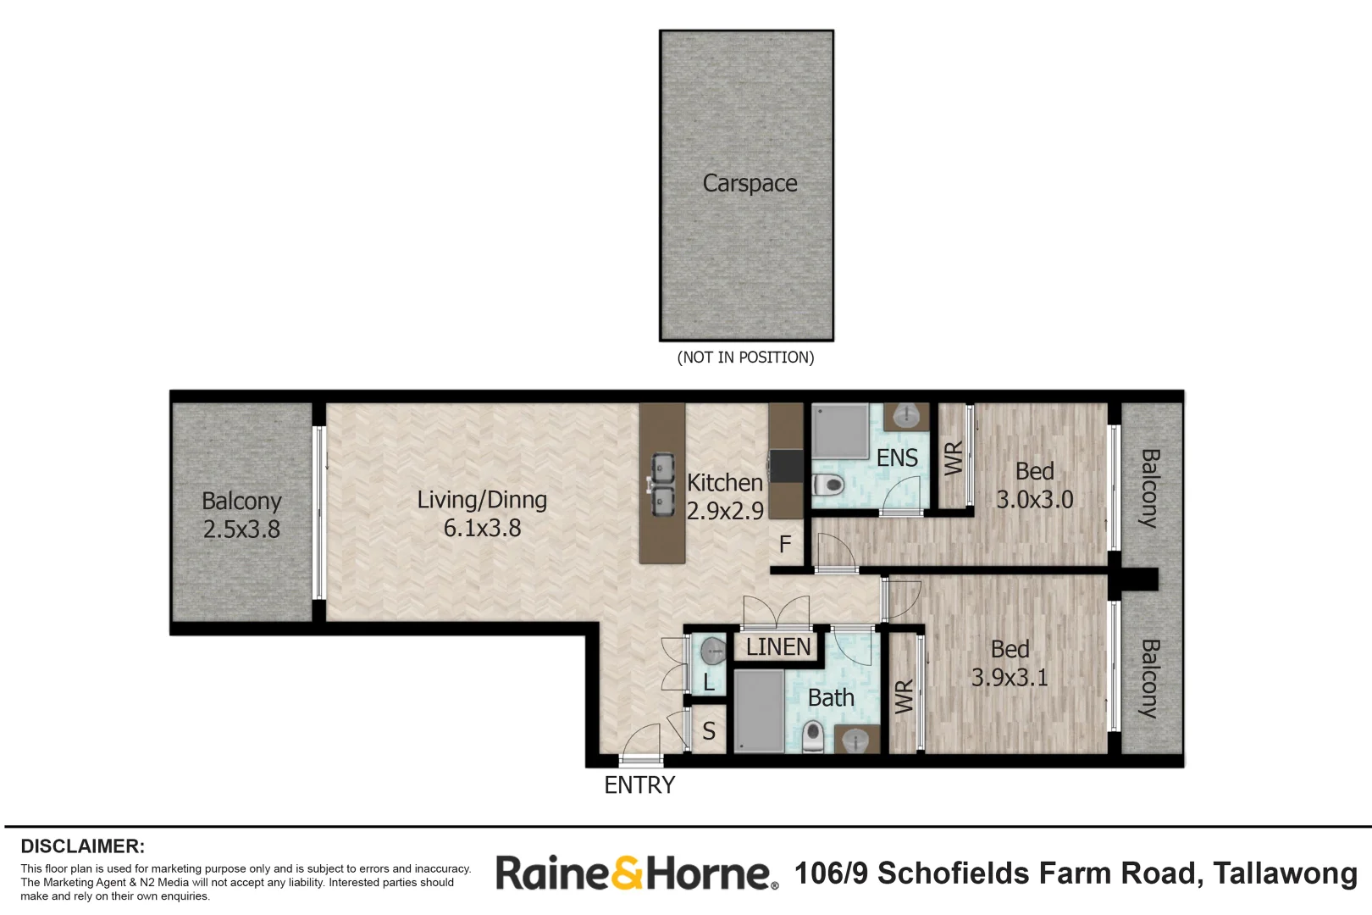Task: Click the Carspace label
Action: tap(750, 184)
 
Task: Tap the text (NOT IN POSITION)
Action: tap(745, 358)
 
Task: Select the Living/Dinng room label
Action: tap(482, 500)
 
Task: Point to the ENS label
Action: tap(898, 457)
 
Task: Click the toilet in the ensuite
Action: tap(828, 485)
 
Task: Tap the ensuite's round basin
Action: tap(907, 416)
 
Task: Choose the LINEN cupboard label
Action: tap(778, 647)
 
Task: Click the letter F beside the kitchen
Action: tap(785, 544)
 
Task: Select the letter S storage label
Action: tap(709, 731)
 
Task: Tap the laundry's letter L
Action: tap(709, 682)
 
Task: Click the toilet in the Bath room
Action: tap(813, 736)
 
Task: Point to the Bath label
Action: tap(831, 697)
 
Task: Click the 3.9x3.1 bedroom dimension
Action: tap(1010, 677)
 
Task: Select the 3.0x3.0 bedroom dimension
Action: tap(1035, 500)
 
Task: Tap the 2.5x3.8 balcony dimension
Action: tap(241, 529)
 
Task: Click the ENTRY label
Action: tap(639, 785)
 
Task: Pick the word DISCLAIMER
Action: tap(83, 846)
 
